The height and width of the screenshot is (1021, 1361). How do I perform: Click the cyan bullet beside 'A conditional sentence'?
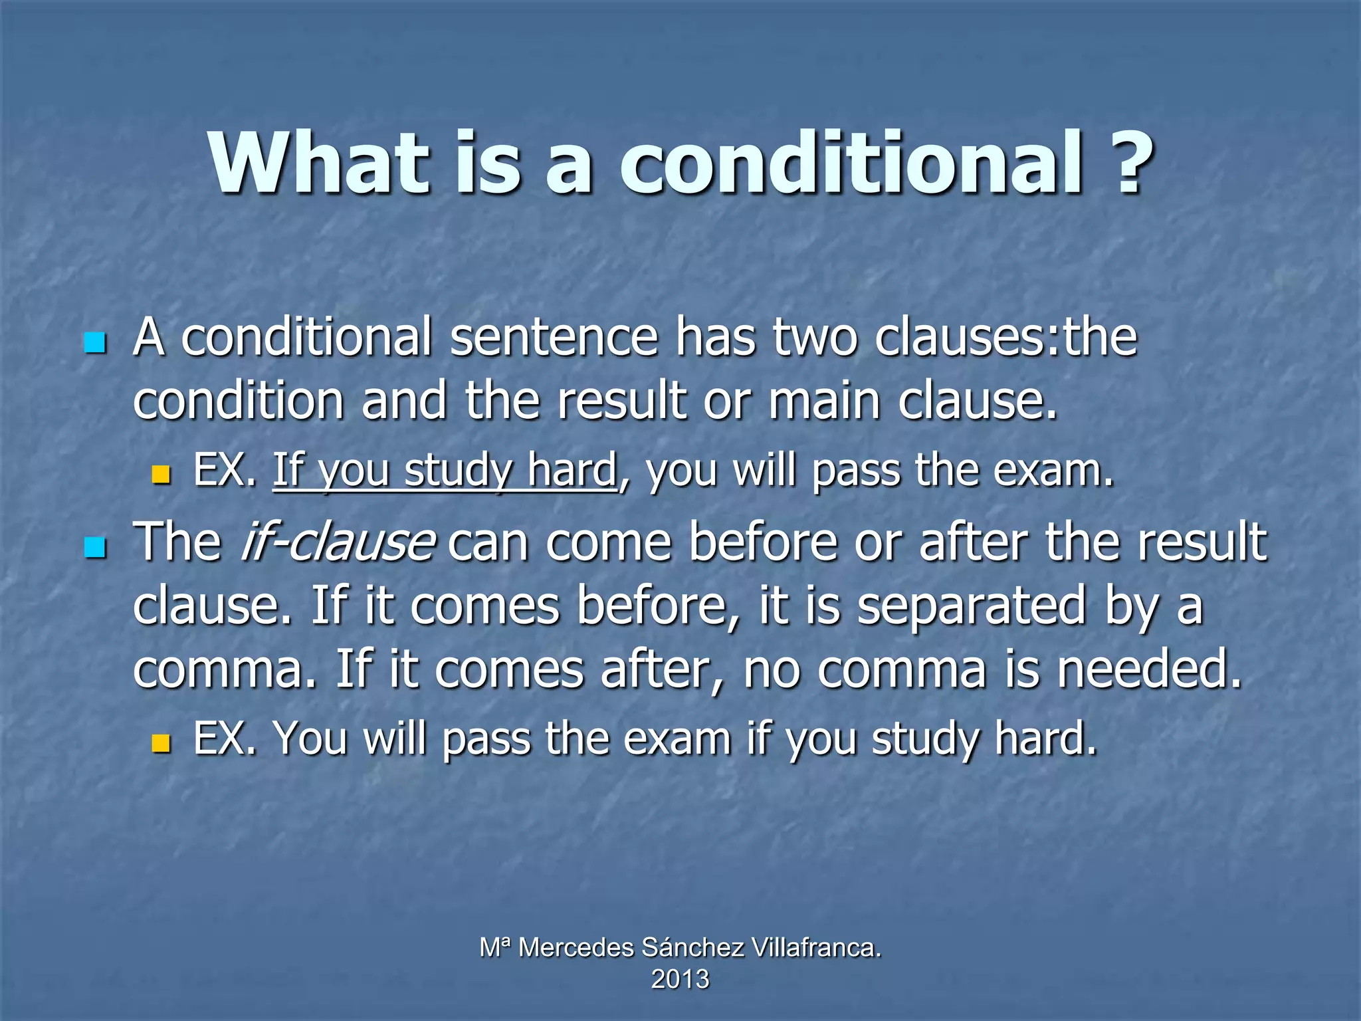[x=96, y=344]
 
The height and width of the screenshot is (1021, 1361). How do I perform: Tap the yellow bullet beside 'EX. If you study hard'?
[x=161, y=475]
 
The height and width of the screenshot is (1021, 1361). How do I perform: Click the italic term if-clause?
[x=338, y=542]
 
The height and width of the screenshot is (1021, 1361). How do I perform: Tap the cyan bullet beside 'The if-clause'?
[x=96, y=548]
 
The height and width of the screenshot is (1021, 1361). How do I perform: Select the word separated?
[x=971, y=606]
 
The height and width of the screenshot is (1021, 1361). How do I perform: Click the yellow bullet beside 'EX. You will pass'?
[x=161, y=743]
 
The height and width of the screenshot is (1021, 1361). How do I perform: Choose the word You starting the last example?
[x=310, y=738]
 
